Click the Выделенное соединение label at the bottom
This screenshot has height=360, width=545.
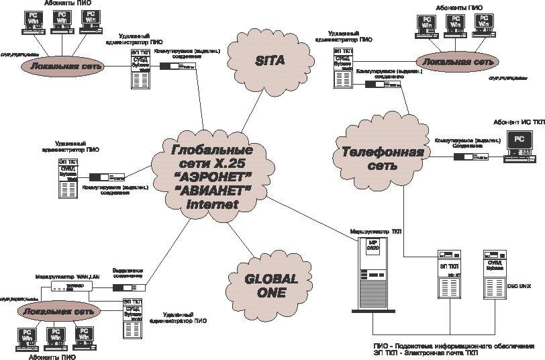(128, 273)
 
